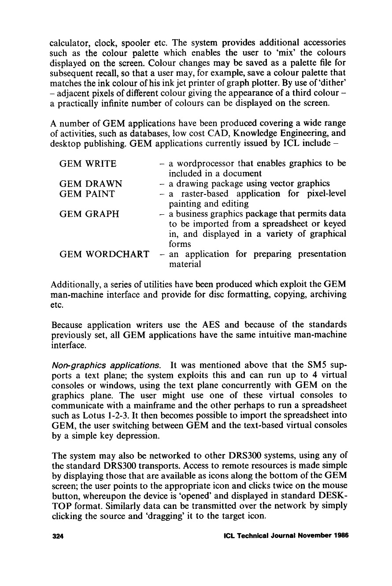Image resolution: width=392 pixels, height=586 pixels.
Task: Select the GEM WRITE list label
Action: click(x=88, y=164)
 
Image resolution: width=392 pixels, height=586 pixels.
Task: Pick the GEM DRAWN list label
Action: click(x=91, y=184)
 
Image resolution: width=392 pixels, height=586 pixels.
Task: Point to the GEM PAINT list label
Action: click(x=87, y=194)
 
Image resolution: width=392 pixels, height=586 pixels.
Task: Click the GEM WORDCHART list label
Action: click(x=104, y=254)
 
